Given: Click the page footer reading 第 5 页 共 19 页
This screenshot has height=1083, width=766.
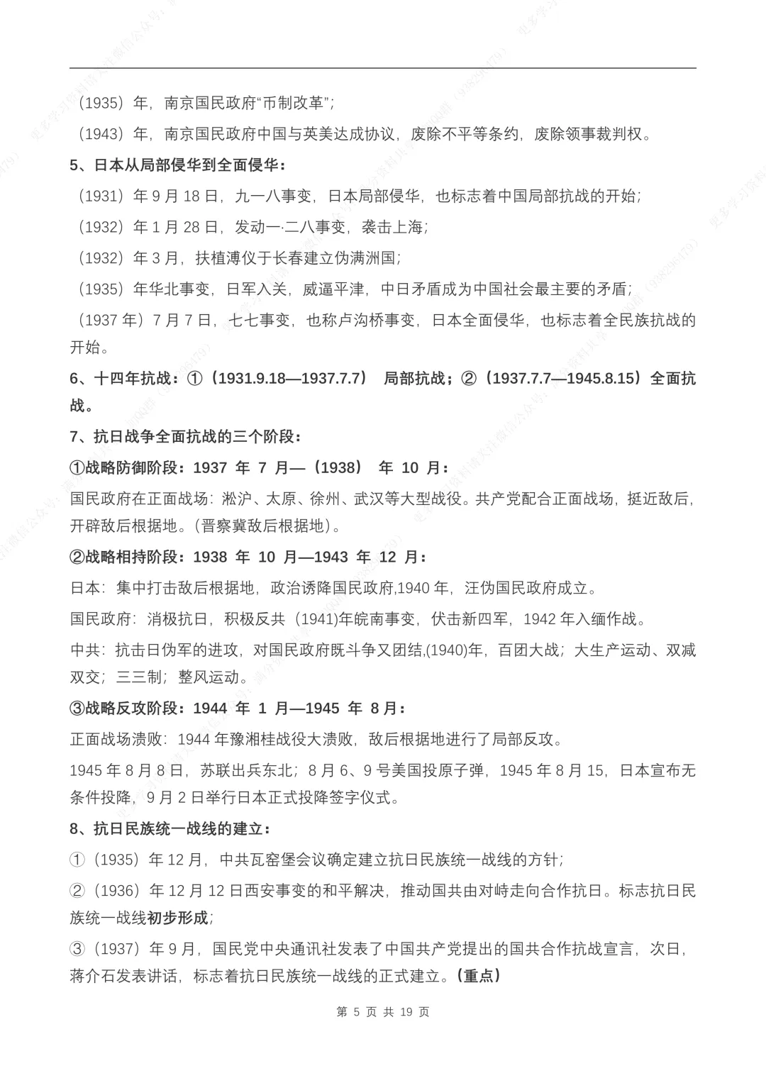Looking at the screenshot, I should [383, 1011].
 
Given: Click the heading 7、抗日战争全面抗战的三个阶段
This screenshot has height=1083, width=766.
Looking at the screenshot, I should [184, 436].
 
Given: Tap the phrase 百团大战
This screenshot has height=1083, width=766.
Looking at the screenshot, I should [528, 650].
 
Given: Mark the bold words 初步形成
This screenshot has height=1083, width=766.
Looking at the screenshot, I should [177, 918].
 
